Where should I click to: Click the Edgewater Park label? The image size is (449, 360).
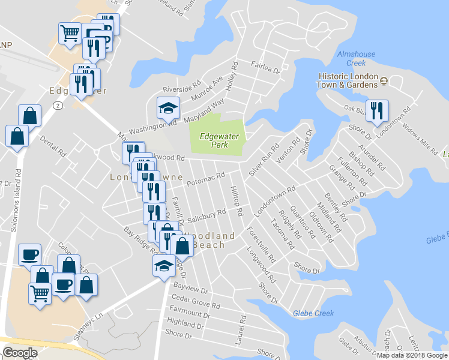coord(218,140)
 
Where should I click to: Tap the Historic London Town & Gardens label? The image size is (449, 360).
coord(348,81)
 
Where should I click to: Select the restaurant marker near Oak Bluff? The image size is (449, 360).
coord(377,111)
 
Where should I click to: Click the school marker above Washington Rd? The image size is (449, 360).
coord(168,108)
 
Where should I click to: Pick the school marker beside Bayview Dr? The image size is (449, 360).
coord(164,266)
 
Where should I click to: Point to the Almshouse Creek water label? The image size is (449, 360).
coord(357,58)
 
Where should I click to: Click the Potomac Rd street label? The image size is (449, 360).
coord(205,179)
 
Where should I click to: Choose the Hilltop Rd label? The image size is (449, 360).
coord(235,200)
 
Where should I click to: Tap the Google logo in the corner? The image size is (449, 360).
coord(20,353)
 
